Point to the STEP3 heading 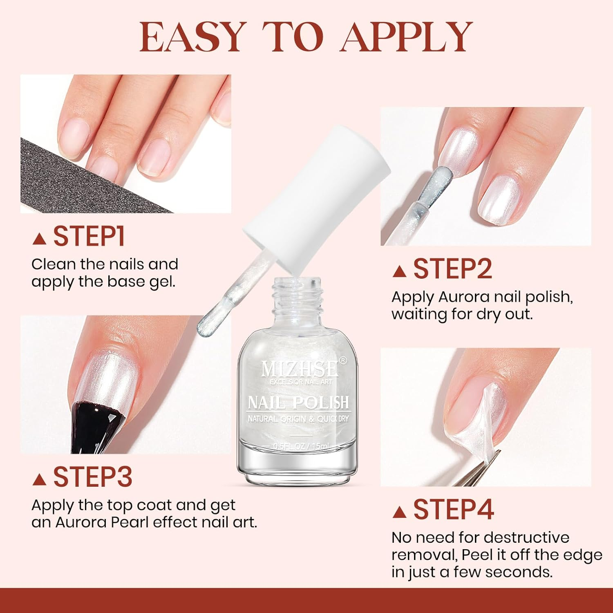pos(93,477)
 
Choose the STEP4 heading pos(454,510)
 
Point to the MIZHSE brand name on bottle pos(300,369)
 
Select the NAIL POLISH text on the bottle pos(298,403)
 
